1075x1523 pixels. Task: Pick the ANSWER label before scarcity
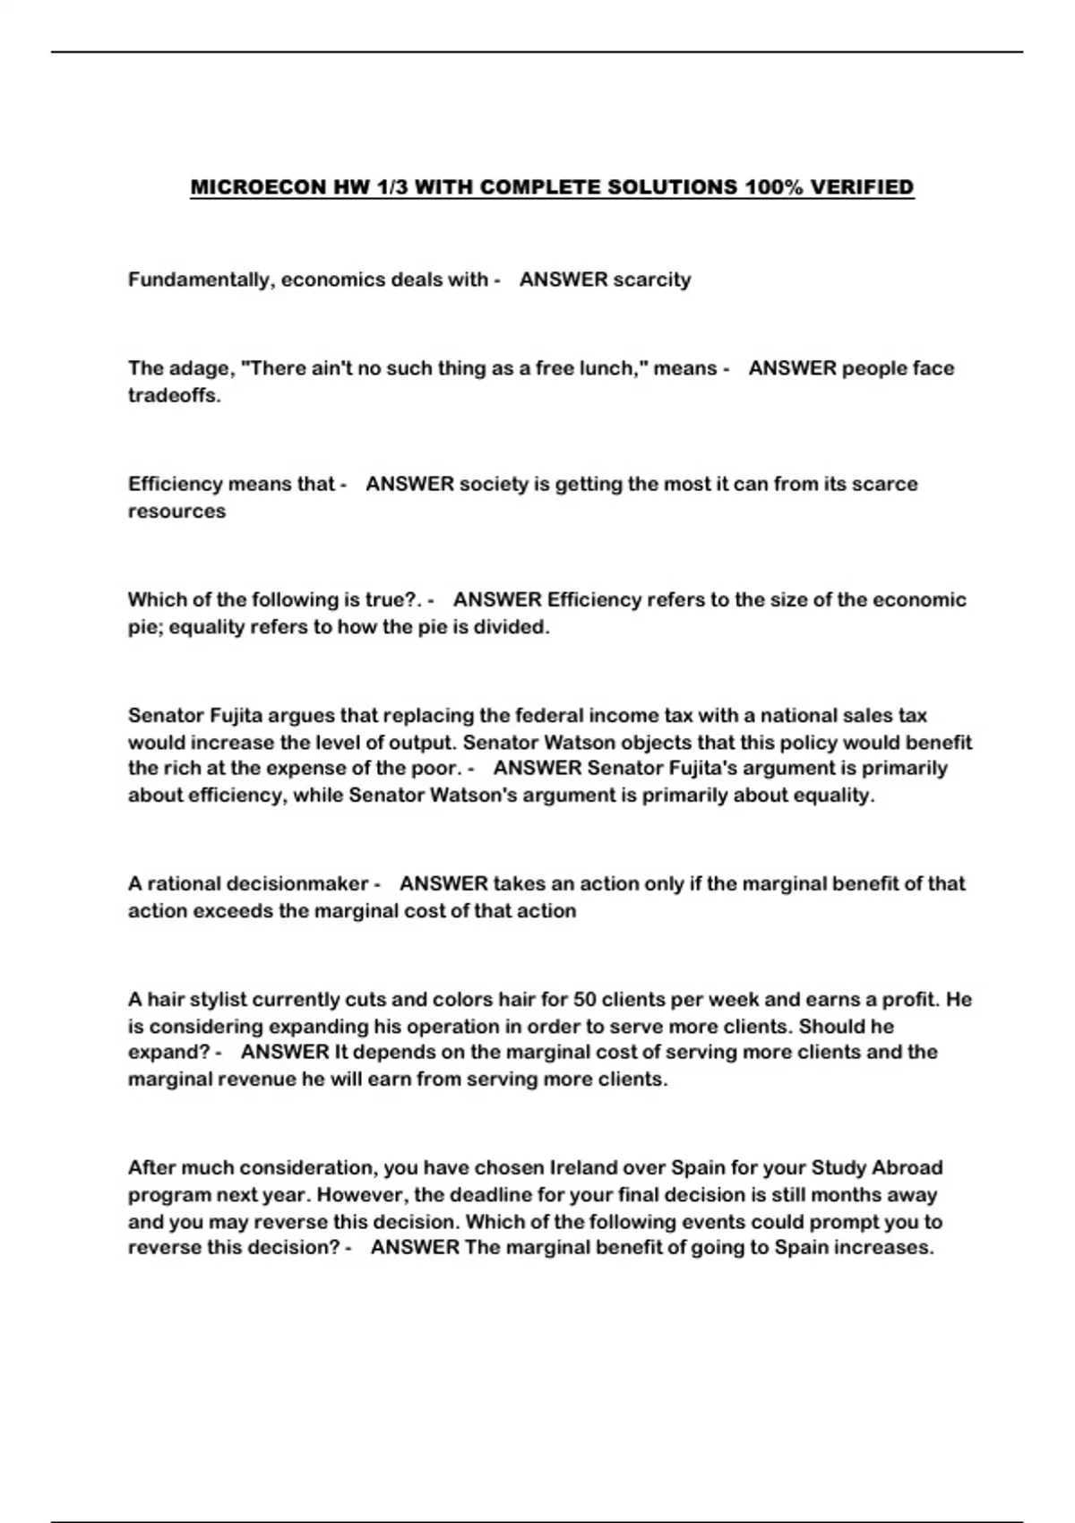click(563, 280)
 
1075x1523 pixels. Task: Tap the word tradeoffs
click(174, 396)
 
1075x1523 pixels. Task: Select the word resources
click(176, 512)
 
